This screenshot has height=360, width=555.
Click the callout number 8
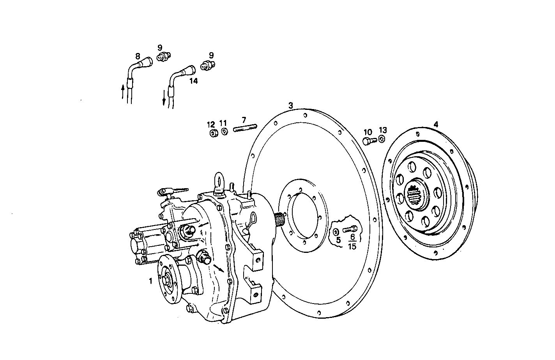tap(137, 56)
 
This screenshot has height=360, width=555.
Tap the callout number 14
tap(193, 81)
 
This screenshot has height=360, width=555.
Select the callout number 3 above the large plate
tap(290, 106)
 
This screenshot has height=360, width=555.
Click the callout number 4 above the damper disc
tap(436, 124)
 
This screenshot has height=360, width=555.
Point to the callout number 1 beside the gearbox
tap(150, 281)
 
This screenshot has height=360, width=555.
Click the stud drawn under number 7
tap(245, 128)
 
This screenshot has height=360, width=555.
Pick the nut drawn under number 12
tap(213, 134)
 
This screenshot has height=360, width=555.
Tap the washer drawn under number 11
tap(224, 132)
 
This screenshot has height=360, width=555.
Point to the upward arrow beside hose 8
tap(123, 92)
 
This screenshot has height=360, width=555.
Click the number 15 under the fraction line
tap(352, 246)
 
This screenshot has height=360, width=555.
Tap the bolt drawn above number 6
tap(350, 230)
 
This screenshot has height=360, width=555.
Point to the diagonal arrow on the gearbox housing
tap(219, 268)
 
